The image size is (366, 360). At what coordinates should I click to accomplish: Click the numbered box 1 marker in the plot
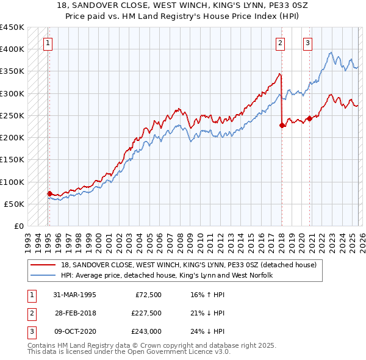click(x=48, y=43)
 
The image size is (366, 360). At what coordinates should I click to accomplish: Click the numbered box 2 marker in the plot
click(x=279, y=43)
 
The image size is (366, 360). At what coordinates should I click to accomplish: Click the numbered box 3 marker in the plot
click(x=308, y=43)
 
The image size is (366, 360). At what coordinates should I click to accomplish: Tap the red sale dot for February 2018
click(x=282, y=125)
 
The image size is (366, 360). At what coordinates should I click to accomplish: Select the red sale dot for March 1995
click(x=49, y=194)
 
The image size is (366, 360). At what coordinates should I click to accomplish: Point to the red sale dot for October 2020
click(x=309, y=118)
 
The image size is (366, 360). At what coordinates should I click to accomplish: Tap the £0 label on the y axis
click(x=18, y=226)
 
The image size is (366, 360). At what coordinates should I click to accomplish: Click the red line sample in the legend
click(x=44, y=265)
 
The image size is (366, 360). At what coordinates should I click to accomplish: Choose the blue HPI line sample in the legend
click(x=44, y=276)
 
